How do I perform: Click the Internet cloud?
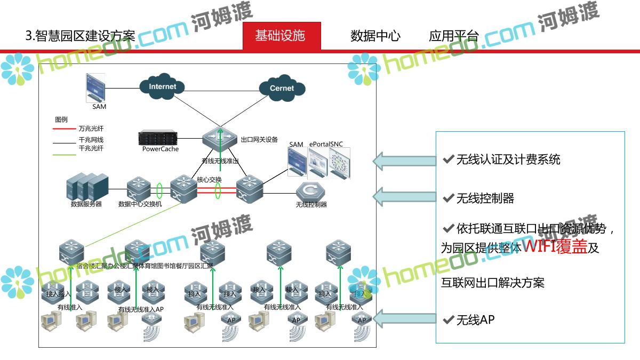162,87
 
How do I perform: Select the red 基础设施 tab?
281,36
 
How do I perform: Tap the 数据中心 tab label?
375,36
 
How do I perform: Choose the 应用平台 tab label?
454,36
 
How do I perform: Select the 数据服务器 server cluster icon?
86,186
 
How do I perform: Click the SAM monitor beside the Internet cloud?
95,87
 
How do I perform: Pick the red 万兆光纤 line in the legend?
64,129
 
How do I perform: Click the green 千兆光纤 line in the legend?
64,155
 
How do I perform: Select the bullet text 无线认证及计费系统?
508,159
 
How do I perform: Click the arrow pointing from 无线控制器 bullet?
403,196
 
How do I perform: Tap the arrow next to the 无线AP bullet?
403,319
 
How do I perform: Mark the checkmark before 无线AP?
448,319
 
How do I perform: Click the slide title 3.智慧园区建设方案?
80,36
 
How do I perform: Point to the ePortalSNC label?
326,145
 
